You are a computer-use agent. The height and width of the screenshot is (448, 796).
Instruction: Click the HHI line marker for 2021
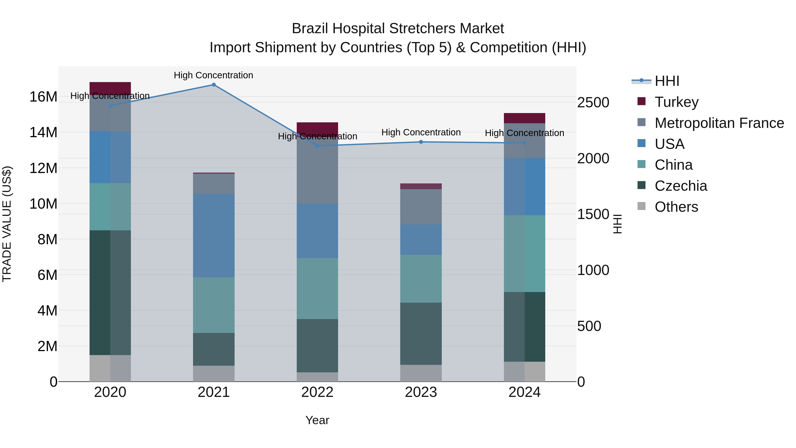(214, 85)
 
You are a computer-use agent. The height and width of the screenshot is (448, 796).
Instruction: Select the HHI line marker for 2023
(421, 142)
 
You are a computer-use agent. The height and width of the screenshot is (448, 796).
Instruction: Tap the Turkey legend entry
(676, 102)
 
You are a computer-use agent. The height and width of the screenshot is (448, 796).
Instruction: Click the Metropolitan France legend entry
(719, 123)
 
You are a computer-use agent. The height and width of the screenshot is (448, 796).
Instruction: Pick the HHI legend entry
(667, 81)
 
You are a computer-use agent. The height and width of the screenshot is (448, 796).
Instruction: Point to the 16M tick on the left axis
(43, 97)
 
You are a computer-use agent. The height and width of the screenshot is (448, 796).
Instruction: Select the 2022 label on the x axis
(317, 392)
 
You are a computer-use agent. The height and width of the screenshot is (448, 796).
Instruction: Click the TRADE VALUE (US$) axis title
(7, 224)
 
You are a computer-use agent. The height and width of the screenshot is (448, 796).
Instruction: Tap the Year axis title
(317, 420)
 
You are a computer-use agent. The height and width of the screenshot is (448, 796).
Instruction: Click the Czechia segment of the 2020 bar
(110, 292)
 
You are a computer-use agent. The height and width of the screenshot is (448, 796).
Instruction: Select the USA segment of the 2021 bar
(214, 235)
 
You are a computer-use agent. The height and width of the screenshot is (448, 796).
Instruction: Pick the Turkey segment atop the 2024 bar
(524, 118)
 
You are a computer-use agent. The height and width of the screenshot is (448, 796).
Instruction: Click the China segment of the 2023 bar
(421, 279)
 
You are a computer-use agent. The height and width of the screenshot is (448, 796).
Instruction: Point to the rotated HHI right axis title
(617, 224)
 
